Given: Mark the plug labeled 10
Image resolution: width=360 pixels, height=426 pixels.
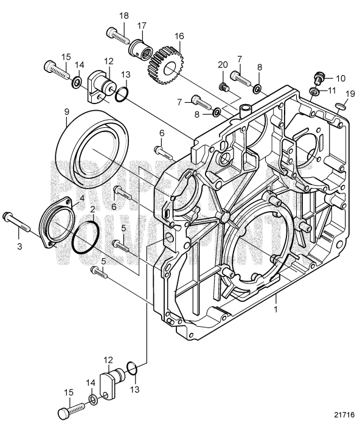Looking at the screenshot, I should (x=317, y=79).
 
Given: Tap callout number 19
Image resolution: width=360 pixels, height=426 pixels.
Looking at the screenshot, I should (x=350, y=93).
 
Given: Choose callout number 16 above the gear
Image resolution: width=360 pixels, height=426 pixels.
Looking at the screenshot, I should (x=179, y=37).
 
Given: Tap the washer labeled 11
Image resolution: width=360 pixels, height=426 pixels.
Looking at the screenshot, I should (x=312, y=93).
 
